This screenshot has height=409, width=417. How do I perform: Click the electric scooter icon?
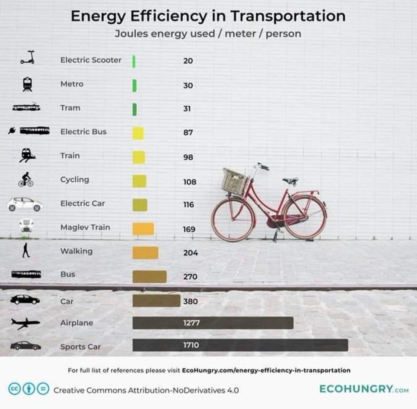[27, 57]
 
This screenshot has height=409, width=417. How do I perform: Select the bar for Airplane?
[213, 323]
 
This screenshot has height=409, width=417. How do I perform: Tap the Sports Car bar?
[240, 345]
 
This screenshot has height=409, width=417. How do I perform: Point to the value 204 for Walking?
[190, 252]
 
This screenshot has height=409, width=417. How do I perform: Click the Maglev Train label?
[85, 227]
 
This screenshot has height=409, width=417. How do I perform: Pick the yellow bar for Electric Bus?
[138, 133]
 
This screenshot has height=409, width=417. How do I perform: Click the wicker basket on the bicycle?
[234, 182]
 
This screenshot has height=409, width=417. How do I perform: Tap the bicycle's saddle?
[291, 181]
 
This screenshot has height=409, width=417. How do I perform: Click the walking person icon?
[26, 250]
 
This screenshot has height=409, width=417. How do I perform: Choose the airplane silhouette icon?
[25, 324]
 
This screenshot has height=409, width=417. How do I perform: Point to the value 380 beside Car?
[190, 301]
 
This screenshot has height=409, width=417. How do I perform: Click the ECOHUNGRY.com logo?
[364, 389]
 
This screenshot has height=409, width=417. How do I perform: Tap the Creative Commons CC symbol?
[14, 389]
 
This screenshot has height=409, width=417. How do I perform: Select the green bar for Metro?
[135, 85]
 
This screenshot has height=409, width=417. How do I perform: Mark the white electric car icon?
[25, 204]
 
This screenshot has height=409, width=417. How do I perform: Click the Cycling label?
[75, 180]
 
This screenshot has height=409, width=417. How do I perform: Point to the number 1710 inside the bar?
[191, 345]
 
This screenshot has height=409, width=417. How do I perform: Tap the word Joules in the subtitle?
[131, 34]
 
